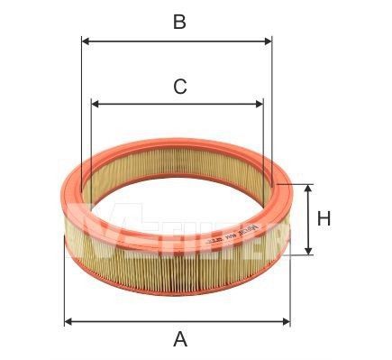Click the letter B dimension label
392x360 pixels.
[x=179, y=22]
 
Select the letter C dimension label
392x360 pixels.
[x=179, y=87]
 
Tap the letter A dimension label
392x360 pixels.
[x=180, y=339]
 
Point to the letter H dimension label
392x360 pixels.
[x=324, y=218]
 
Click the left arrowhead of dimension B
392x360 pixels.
[x=86, y=41]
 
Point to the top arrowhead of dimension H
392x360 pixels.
[x=308, y=188]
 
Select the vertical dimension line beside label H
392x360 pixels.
[x=308, y=218]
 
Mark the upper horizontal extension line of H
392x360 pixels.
[x=297, y=183]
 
